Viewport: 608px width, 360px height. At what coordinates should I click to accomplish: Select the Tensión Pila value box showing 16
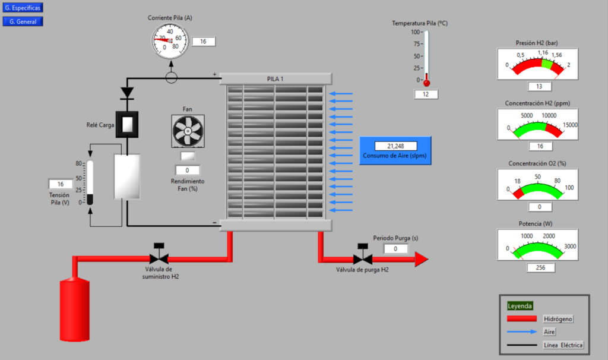click(x=61, y=184)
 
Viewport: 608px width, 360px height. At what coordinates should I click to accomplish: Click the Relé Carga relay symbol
click(x=126, y=124)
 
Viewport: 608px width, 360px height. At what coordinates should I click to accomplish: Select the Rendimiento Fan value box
click(x=188, y=170)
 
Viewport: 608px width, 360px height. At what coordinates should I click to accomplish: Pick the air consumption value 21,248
click(x=395, y=146)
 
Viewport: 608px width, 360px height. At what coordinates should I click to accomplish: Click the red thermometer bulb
click(x=426, y=83)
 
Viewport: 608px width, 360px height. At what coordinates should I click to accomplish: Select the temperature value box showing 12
click(x=426, y=94)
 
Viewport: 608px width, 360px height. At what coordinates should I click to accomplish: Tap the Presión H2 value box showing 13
click(x=540, y=87)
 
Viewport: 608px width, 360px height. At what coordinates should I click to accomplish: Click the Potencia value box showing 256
click(x=540, y=267)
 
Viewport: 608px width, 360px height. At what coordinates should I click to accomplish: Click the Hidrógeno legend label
click(x=558, y=319)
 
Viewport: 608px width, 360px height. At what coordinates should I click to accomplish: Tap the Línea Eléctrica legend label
click(x=563, y=345)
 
